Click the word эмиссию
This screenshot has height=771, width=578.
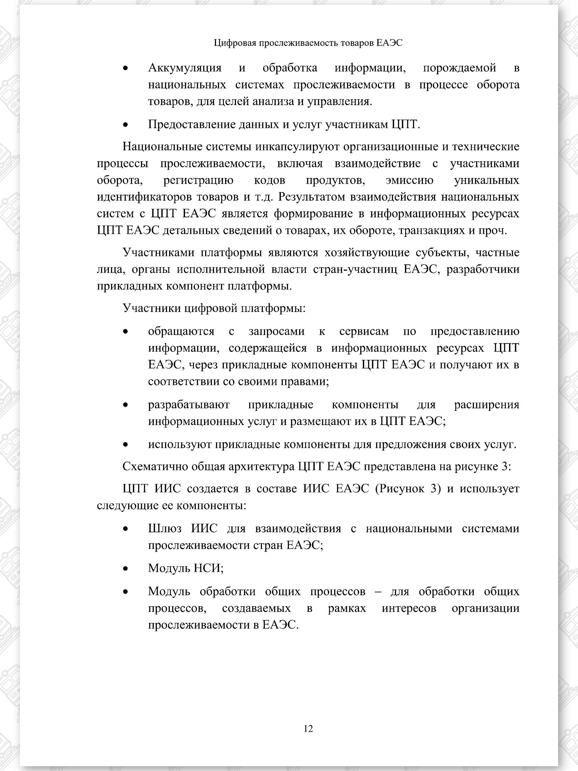pyautogui.click(x=410, y=180)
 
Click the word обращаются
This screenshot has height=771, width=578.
pyautogui.click(x=181, y=331)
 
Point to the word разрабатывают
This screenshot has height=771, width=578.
pyautogui.click(x=188, y=405)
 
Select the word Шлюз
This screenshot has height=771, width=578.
pyautogui.click(x=165, y=528)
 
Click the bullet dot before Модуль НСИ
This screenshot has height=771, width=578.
pyautogui.click(x=126, y=569)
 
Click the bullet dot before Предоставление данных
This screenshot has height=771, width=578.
pyautogui.click(x=126, y=125)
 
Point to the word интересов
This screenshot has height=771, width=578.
pyautogui.click(x=409, y=608)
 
